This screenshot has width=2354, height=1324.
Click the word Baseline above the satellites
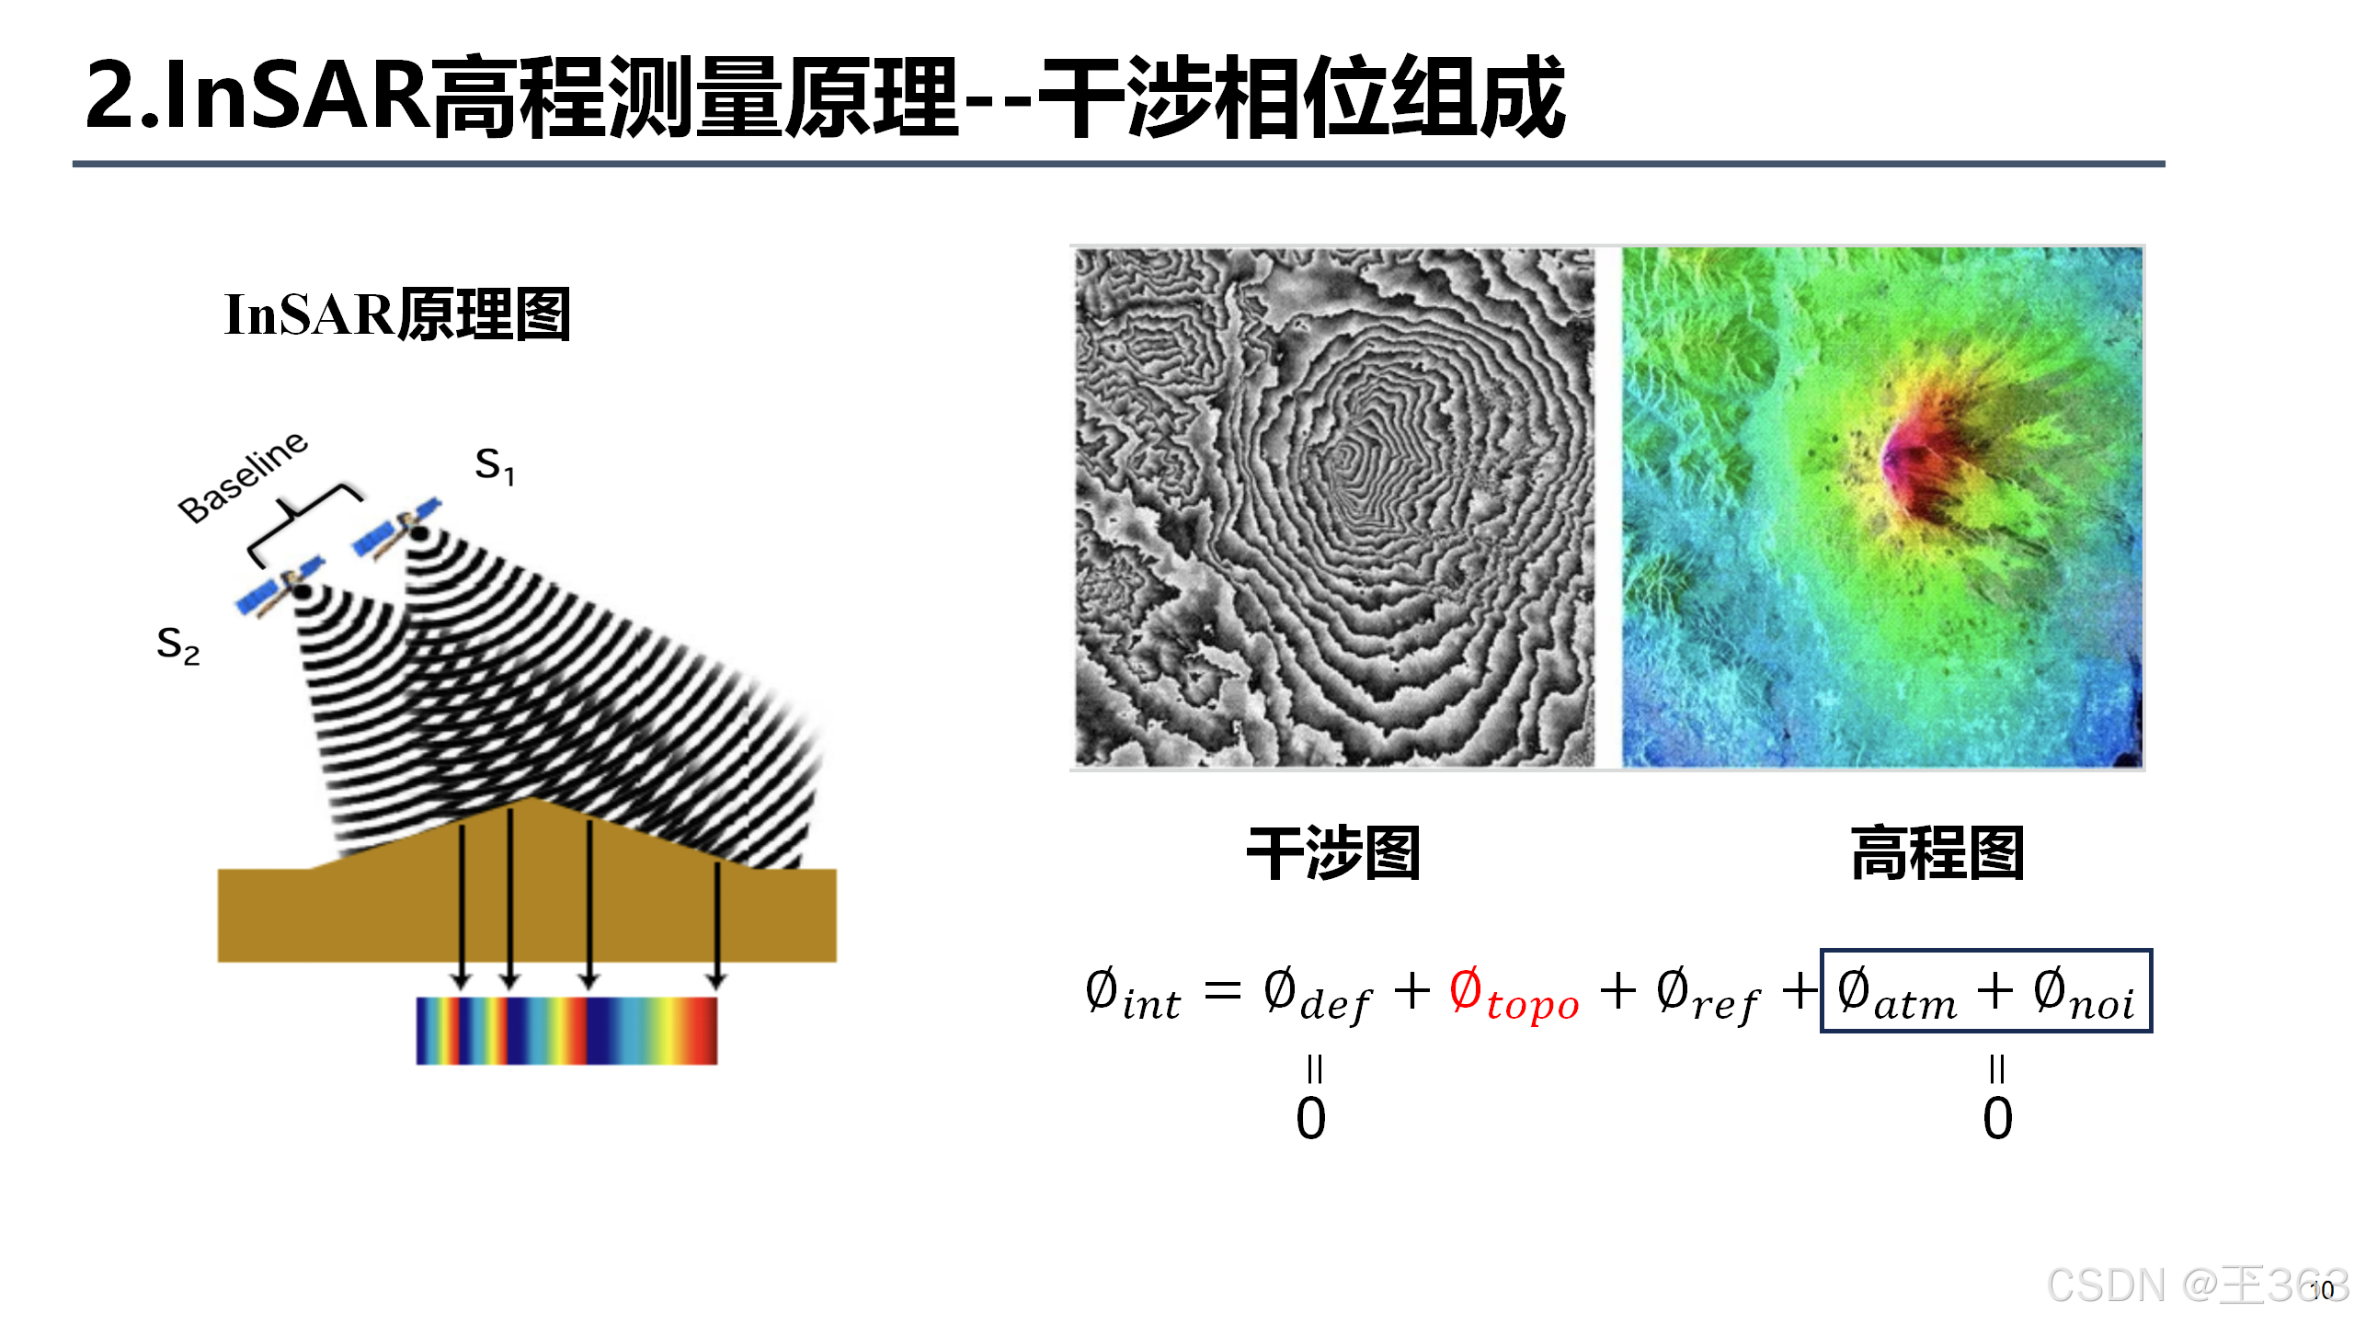coord(243,477)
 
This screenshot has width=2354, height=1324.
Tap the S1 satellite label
coord(494,466)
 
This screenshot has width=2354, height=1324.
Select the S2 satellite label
coord(177,645)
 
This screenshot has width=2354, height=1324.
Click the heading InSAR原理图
coord(397,315)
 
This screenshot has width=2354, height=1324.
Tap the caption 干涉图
coord(1332,854)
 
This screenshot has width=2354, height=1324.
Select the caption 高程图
coord(1937,854)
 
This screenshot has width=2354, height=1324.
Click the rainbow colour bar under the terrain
coord(566,1031)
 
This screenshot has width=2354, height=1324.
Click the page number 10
coord(2323,1290)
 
